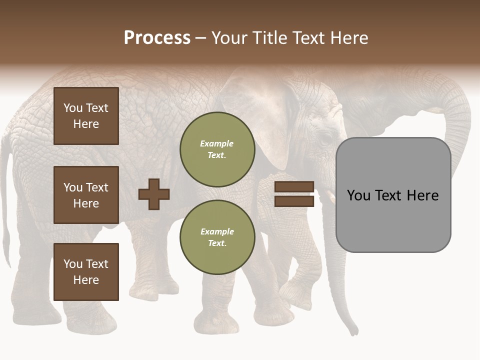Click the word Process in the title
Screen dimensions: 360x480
pyautogui.click(x=157, y=38)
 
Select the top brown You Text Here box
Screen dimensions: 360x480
pyautogui.click(x=86, y=116)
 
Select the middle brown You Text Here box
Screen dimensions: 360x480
pyautogui.click(x=86, y=195)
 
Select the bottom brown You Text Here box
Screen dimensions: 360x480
pyautogui.click(x=86, y=272)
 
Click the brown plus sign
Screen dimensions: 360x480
pyautogui.click(x=153, y=194)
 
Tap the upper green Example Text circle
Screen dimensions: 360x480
pyautogui.click(x=217, y=149)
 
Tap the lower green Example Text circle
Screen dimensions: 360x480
pyautogui.click(x=217, y=237)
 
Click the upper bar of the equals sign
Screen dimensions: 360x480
pyautogui.click(x=294, y=186)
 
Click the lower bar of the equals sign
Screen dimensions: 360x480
pyautogui.click(x=294, y=201)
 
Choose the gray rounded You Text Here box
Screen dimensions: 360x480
pyautogui.click(x=393, y=195)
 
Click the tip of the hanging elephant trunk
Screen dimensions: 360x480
pyautogui.click(x=354, y=331)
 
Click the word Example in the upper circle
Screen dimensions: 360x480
pyautogui.click(x=216, y=143)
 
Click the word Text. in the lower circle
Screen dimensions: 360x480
pyautogui.click(x=217, y=243)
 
